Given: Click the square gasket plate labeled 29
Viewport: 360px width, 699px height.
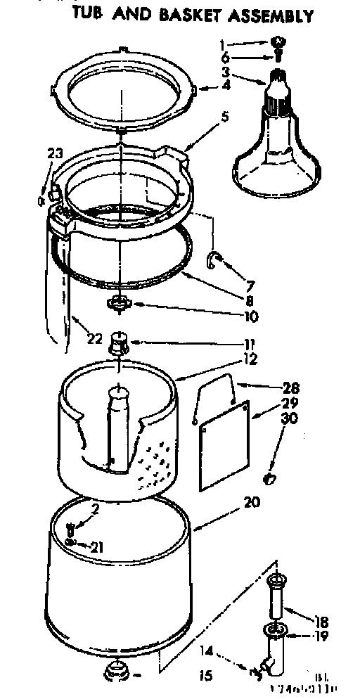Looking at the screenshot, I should (223, 444).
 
